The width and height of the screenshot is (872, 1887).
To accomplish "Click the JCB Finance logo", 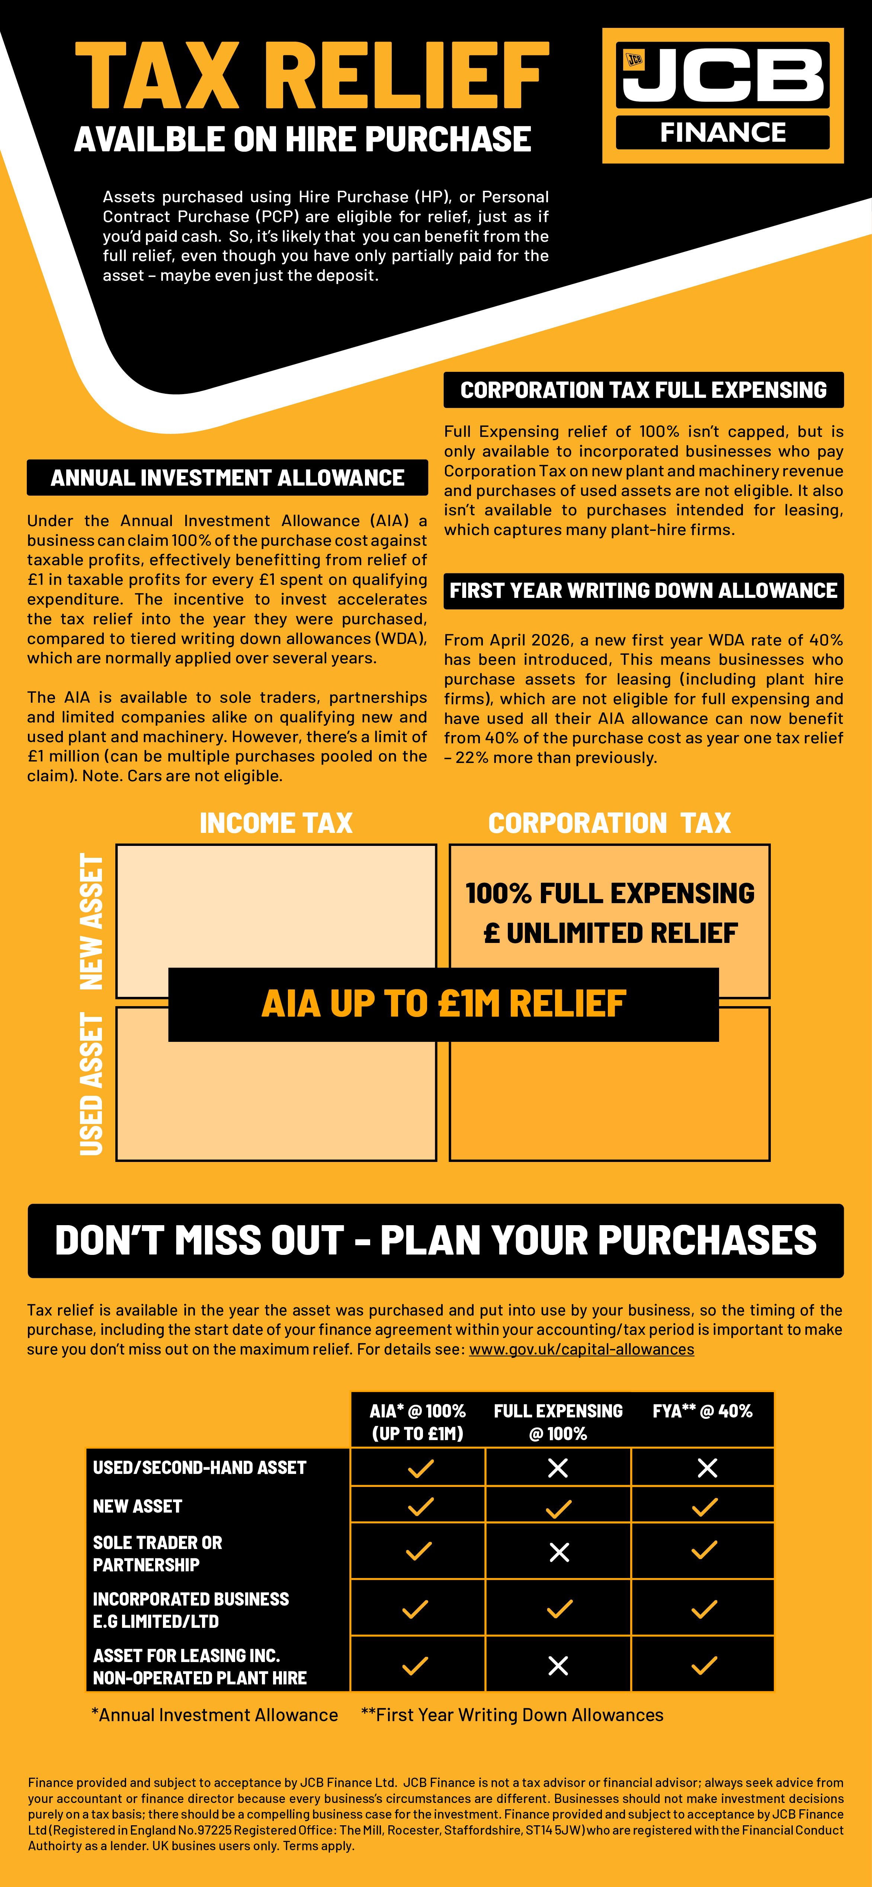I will pos(722,95).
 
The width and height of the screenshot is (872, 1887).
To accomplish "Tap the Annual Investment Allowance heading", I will pos(227,478).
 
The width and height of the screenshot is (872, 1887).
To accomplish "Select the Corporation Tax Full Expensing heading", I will pos(643,390).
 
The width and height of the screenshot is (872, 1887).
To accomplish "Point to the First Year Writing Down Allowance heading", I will pos(643,590).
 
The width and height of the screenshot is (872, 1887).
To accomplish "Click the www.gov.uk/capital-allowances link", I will pos(581,1349).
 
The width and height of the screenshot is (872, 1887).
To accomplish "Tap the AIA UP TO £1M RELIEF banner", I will pos(443,1004).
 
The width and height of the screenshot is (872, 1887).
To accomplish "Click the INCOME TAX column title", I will pos(276,822).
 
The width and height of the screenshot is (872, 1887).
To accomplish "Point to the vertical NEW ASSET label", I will pos(92,921).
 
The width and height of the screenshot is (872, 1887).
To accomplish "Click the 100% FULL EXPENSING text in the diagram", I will pos(610,893).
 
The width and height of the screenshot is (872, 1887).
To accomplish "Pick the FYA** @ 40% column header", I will pos(702,1411).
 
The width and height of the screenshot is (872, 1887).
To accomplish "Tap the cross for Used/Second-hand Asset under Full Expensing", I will pos(558,1467).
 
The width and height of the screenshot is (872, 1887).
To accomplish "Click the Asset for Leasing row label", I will pos(199,1667).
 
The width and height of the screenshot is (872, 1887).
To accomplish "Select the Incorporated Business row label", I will pos(190,1609).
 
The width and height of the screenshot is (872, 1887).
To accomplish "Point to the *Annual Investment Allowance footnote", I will pos(215,1715).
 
